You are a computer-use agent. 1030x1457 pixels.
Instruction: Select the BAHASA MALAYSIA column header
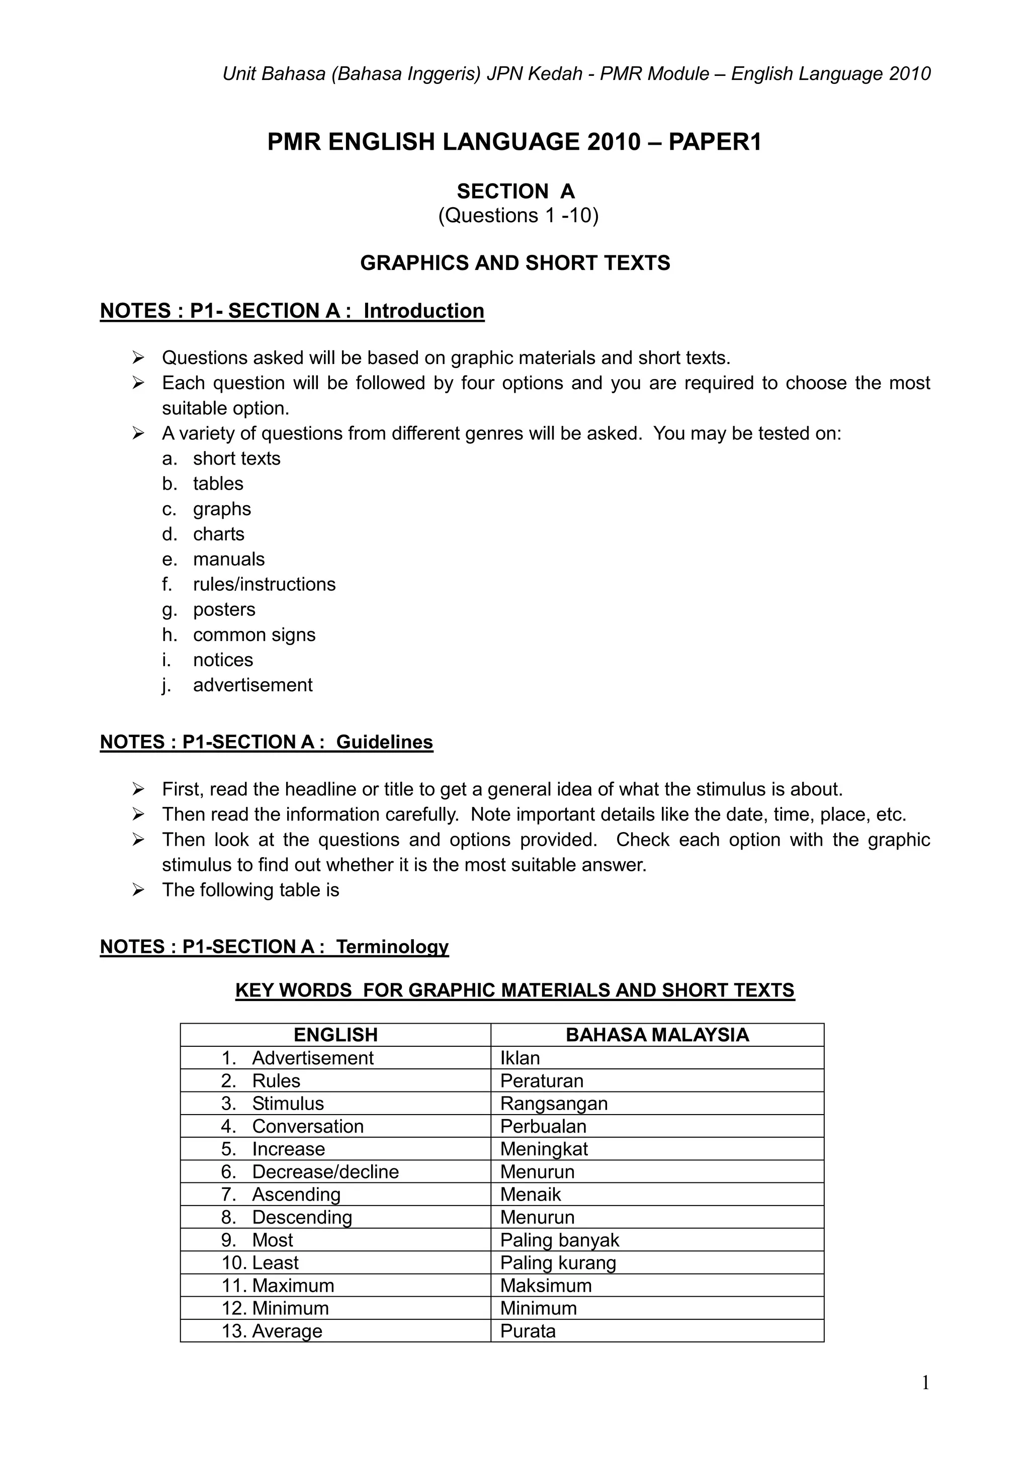tap(657, 1035)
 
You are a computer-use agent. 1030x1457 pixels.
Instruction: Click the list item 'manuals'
tap(228, 559)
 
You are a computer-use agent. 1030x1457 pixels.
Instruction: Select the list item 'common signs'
tap(254, 634)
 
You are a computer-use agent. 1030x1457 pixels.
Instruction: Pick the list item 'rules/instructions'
tap(264, 584)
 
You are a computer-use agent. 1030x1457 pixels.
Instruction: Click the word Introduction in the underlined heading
tap(423, 311)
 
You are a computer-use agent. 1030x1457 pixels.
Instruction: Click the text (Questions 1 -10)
tap(518, 215)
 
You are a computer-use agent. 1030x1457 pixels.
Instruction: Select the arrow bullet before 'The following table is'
tap(138, 890)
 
